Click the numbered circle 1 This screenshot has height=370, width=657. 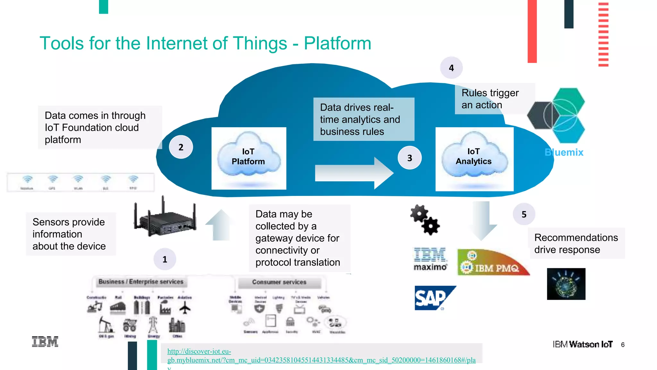pyautogui.click(x=165, y=259)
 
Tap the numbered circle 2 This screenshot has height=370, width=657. pyautogui.click(x=181, y=147)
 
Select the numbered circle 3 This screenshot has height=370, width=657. pyautogui.click(x=410, y=158)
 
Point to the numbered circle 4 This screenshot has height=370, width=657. pyautogui.click(x=451, y=68)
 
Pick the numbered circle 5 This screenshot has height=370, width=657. pyautogui.click(x=524, y=214)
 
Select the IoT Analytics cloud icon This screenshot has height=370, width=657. pyautogui.click(x=474, y=156)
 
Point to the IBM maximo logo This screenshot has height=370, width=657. pyautogui.click(x=430, y=259)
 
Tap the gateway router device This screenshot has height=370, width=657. pyautogui.click(x=165, y=218)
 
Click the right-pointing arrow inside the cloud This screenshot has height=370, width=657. pyautogui.click(x=353, y=173)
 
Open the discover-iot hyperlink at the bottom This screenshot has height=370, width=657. pyautogui.click(x=321, y=360)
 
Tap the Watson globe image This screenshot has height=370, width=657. pyautogui.click(x=566, y=284)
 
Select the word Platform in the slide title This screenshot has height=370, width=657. pyautogui.click(x=337, y=43)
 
